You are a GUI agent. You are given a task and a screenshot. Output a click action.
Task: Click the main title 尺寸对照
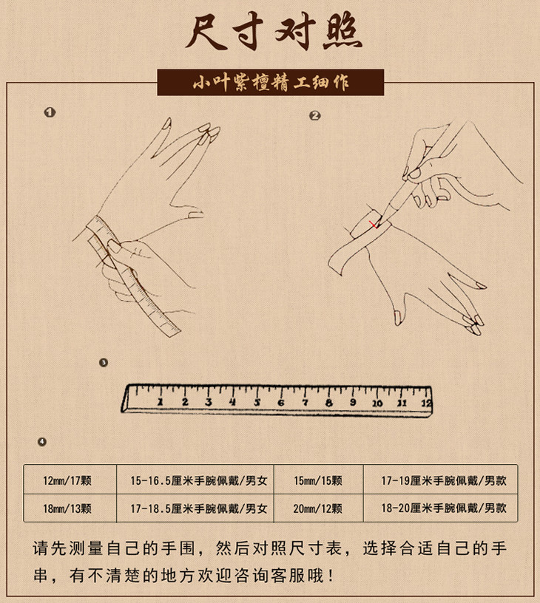(274, 33)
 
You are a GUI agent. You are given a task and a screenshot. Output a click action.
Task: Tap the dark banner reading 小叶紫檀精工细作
(271, 82)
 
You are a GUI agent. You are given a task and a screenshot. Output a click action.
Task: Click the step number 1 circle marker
(50, 112)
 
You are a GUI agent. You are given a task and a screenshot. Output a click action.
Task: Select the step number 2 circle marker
(315, 115)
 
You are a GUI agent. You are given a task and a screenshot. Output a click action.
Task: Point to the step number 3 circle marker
(103, 363)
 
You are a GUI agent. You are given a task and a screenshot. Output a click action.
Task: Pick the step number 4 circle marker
(42, 442)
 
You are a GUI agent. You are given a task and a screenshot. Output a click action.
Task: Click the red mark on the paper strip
(374, 225)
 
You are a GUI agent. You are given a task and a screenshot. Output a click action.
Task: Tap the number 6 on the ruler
(281, 403)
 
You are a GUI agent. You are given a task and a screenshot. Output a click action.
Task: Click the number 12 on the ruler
(426, 403)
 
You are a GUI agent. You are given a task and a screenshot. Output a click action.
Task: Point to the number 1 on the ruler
(160, 402)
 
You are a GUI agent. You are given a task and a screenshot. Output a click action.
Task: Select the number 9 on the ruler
(353, 402)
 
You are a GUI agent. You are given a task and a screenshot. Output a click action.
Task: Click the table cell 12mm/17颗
(67, 480)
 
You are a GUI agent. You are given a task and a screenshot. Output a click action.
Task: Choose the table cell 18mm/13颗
(67, 508)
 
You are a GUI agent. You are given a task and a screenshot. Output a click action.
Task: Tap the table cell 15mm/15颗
(318, 480)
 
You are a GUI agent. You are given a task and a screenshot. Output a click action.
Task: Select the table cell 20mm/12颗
(318, 508)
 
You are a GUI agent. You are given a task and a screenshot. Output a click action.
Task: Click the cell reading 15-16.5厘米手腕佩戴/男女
(198, 480)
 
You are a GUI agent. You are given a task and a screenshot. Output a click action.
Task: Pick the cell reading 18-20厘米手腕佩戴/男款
(444, 508)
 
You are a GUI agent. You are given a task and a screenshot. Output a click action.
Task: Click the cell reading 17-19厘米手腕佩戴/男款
(444, 480)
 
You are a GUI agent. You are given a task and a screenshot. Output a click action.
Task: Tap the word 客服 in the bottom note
(290, 576)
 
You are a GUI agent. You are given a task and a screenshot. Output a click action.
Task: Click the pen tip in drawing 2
(377, 227)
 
